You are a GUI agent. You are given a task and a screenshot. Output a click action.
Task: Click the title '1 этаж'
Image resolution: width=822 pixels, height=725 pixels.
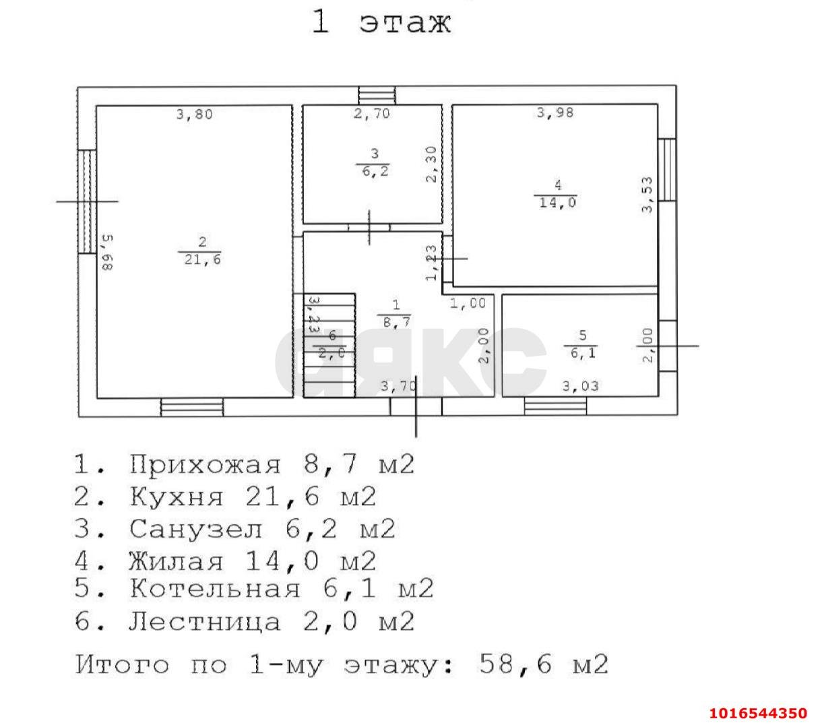[x=381, y=22]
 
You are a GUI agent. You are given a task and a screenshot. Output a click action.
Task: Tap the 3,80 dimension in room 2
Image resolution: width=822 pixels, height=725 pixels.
[x=194, y=115]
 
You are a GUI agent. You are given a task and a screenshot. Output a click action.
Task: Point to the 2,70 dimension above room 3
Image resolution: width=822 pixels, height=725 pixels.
[x=372, y=114]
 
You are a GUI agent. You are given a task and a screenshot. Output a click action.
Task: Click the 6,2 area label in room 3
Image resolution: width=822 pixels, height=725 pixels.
[x=375, y=172]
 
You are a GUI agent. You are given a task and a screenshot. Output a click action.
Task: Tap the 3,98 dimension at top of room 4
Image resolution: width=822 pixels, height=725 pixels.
[x=555, y=113]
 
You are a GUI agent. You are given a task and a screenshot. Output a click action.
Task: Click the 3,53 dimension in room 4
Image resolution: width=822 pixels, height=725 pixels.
[x=647, y=195]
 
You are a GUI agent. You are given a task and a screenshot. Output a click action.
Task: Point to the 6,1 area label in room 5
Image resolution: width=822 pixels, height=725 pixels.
[x=583, y=352]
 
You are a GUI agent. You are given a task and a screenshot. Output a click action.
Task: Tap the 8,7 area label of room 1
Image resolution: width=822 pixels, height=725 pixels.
[x=395, y=323]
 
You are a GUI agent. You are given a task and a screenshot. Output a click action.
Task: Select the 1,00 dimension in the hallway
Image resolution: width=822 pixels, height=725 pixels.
[x=468, y=304]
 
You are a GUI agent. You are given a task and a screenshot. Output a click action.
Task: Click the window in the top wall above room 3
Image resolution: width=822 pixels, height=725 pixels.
[x=377, y=95]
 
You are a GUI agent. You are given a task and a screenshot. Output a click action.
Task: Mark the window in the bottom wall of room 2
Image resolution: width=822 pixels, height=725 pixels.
[x=191, y=407]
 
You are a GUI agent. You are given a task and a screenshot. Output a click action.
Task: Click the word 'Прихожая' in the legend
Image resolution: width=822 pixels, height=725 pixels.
[x=205, y=465]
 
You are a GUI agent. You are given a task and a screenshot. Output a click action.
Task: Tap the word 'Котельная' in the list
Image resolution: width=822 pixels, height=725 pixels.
[x=215, y=589]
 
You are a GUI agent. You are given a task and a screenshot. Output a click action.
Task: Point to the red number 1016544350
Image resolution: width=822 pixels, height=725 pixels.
[x=758, y=712]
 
